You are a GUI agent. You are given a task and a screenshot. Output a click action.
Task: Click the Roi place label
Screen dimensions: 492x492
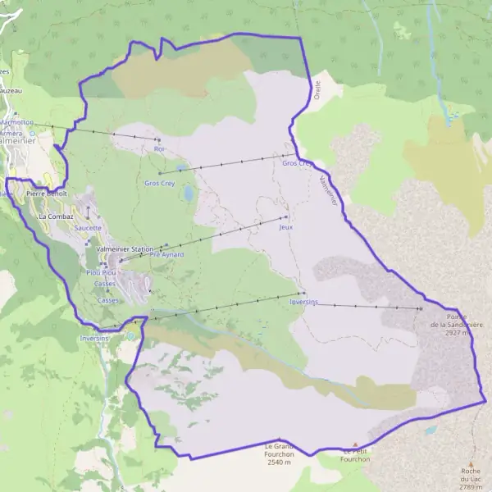point(159,149)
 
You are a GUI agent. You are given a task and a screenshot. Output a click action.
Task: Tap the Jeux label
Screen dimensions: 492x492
point(285,227)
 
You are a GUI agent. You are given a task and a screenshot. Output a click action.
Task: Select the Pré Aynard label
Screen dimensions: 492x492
point(166,255)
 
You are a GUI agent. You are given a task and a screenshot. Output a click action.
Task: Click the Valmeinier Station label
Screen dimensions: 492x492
point(125,248)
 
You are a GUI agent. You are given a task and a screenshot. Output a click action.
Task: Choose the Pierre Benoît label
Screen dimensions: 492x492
point(46,194)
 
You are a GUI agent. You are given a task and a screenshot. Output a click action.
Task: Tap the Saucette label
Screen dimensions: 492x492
point(88,228)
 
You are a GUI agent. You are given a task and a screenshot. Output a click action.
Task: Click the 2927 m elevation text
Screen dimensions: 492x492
point(457,334)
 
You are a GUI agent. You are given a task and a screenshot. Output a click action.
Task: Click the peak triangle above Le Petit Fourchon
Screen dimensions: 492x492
point(355,444)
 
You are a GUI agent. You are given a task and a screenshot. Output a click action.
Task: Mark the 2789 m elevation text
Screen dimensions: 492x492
point(471,487)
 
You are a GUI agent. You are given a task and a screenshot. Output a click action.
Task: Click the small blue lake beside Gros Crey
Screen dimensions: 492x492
point(189,194)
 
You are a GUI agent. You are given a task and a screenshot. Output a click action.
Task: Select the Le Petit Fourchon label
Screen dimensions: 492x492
point(356,455)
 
